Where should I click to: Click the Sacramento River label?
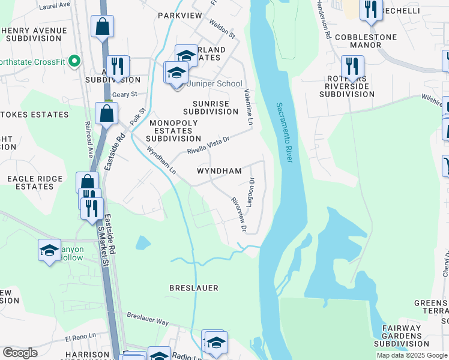[x=285, y=133]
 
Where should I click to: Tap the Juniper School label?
[x=214, y=84]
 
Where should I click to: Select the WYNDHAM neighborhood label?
[x=220, y=171]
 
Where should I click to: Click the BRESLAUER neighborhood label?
[x=193, y=287]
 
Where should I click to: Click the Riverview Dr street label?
[x=239, y=214]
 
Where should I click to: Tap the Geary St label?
[x=125, y=95]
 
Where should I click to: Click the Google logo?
[x=20, y=353]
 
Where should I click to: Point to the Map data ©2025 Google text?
[x=412, y=355]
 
